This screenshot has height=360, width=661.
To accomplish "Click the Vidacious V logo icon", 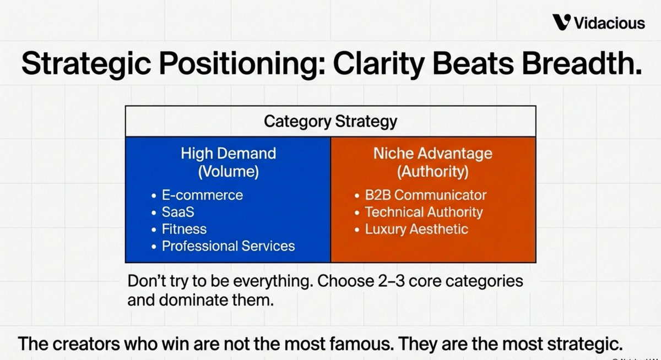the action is click(562, 22).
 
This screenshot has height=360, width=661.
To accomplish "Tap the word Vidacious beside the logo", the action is click(610, 23).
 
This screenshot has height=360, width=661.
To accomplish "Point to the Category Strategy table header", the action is click(330, 121).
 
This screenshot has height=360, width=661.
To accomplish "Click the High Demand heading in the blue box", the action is click(229, 154).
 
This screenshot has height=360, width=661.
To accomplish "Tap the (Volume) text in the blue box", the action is click(229, 171).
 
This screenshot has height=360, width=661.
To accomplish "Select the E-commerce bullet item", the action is click(202, 195).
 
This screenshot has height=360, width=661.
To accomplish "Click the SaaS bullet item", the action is click(178, 212).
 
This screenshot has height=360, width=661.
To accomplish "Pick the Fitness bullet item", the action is click(184, 229).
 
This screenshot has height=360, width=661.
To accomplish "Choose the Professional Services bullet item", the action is click(228, 246).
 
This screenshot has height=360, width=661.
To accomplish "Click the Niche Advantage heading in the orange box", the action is click(433, 154).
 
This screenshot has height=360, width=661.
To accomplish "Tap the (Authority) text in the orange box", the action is click(433, 171).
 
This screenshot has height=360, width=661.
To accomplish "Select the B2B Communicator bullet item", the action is click(425, 195).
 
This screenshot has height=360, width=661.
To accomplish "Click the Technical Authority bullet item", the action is click(424, 212).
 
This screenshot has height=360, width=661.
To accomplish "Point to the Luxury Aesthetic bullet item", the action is click(416, 230).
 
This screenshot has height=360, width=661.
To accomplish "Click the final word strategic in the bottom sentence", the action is click(585, 345).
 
